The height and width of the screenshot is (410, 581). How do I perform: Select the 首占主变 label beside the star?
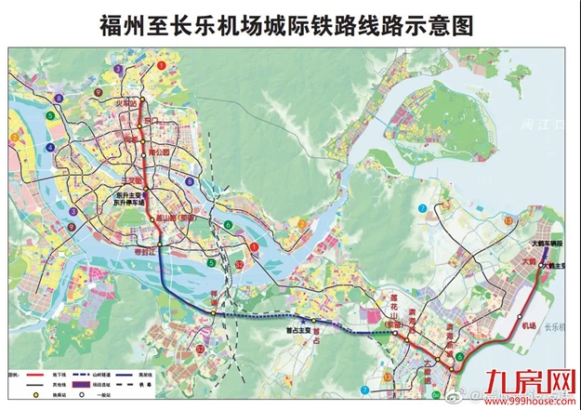(x=291, y=328)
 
